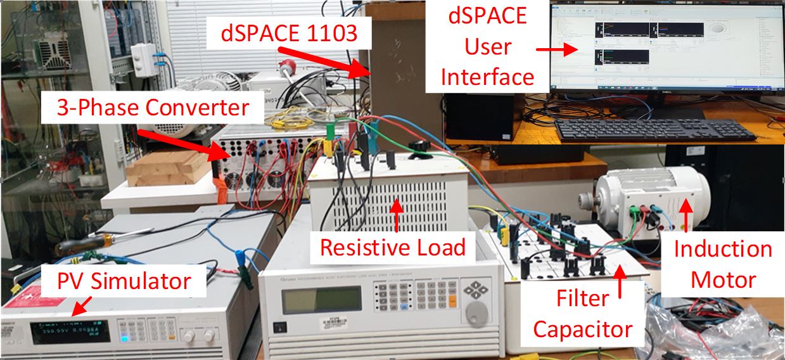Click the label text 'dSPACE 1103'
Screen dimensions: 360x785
[x=289, y=34]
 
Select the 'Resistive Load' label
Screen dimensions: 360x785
[x=392, y=247]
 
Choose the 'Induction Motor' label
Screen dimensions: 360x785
[x=722, y=264]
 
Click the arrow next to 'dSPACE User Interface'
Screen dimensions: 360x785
[x=552, y=49]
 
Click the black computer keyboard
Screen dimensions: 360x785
[x=653, y=129]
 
